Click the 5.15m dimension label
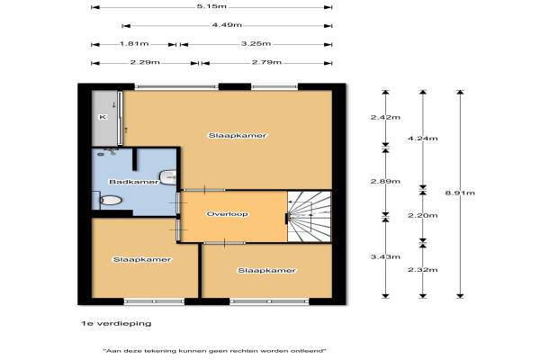click(x=211, y=6)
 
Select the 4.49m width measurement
click(x=227, y=25)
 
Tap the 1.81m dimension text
click(x=134, y=44)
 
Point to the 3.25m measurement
click(x=256, y=44)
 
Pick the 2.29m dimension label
click(x=145, y=62)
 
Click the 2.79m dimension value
click(x=266, y=62)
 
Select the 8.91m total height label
click(x=460, y=193)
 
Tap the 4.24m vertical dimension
click(x=423, y=139)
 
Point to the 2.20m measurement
click(x=423, y=216)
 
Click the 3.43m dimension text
click(x=385, y=256)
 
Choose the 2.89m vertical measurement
click(x=385, y=181)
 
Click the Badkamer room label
click(x=134, y=182)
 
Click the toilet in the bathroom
click(x=111, y=200)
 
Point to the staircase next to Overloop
click(x=309, y=216)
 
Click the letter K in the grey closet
click(x=103, y=117)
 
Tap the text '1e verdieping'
click(x=116, y=323)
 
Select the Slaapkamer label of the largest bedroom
click(x=238, y=135)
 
